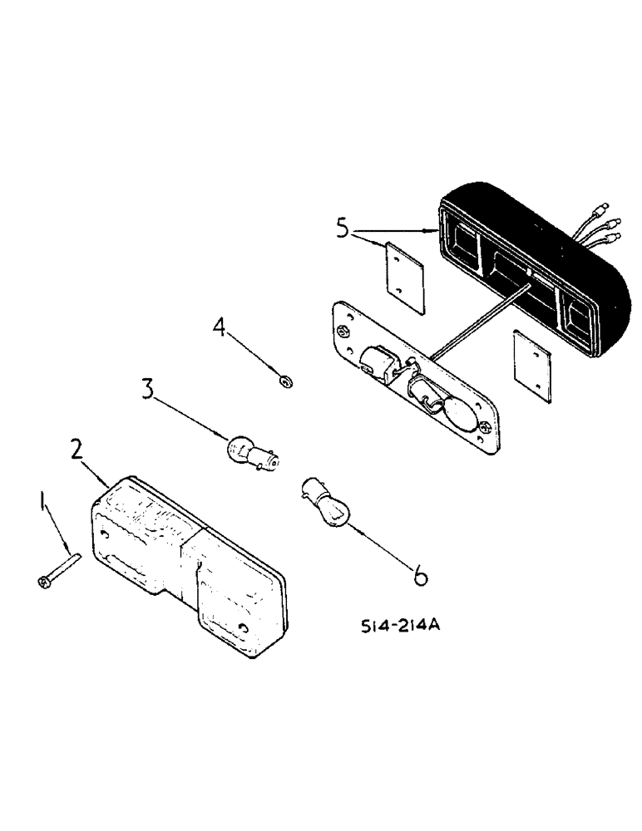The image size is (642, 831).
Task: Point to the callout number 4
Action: pyautogui.click(x=219, y=328)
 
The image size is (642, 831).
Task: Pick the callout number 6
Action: pyautogui.click(x=422, y=574)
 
